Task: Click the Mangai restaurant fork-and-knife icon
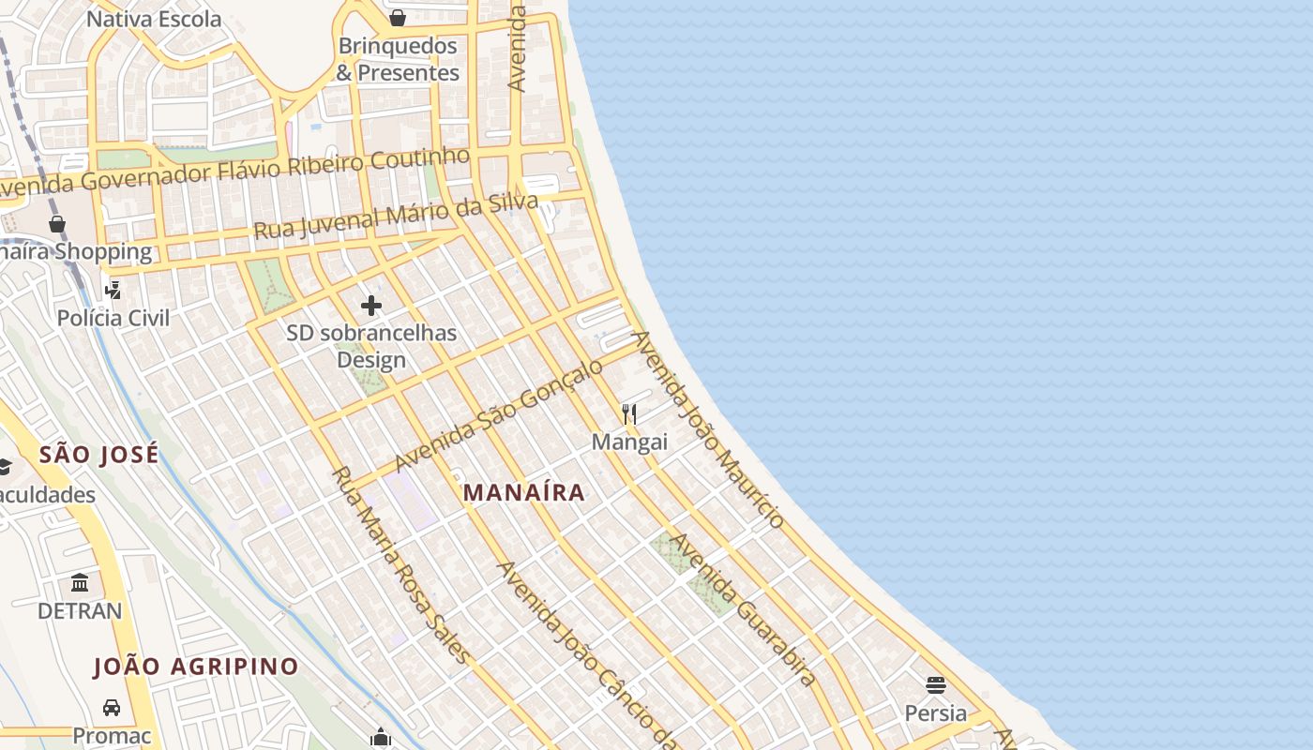629,413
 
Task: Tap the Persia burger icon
935,685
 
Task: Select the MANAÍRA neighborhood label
524,492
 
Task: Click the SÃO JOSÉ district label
98,455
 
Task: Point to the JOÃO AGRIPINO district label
195,667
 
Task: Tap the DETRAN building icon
80,583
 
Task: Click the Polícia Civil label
113,318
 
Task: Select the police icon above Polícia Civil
113,290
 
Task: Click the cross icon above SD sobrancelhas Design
371,306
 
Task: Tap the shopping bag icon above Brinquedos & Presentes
398,18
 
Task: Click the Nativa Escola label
154,19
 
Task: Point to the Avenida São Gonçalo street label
498,415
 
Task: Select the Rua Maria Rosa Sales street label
400,564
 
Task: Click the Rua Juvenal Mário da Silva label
396,216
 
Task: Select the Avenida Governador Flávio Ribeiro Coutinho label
234,171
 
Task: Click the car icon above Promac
112,707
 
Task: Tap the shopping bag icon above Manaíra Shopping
56,223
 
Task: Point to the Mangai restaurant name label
629,441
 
